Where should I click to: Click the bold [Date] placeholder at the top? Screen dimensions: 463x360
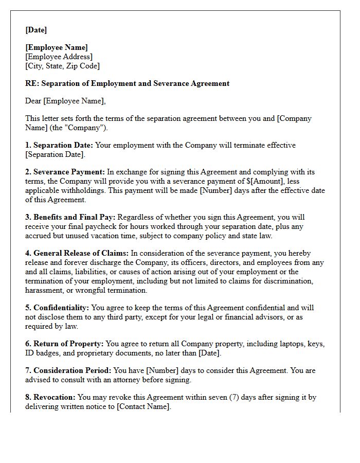pos(36,30)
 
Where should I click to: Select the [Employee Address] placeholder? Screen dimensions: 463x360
pos(59,57)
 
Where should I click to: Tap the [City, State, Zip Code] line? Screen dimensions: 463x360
pos(62,66)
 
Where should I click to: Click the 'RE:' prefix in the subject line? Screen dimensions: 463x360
pos(32,83)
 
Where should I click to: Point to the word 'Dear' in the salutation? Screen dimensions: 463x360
pos(33,101)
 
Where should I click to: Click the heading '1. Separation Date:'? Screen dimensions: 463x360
pos(59,145)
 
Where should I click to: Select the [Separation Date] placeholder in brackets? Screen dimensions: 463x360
pos(55,154)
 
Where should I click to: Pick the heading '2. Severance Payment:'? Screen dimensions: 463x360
pos(65,172)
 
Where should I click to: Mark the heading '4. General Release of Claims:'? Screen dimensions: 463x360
pos(77,253)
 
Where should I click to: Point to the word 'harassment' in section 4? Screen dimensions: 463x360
pos(45,290)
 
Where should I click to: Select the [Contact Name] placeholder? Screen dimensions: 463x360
pos(143,406)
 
